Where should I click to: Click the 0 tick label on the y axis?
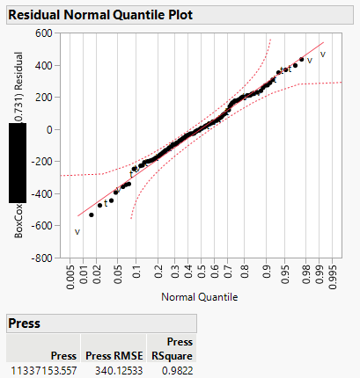pos(52,129)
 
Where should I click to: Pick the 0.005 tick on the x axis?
pos(70,277)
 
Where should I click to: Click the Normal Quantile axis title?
pos(200,297)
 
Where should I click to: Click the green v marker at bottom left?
pos(77,232)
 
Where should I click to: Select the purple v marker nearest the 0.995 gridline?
pos(322,55)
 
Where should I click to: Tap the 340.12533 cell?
pos(110,371)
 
